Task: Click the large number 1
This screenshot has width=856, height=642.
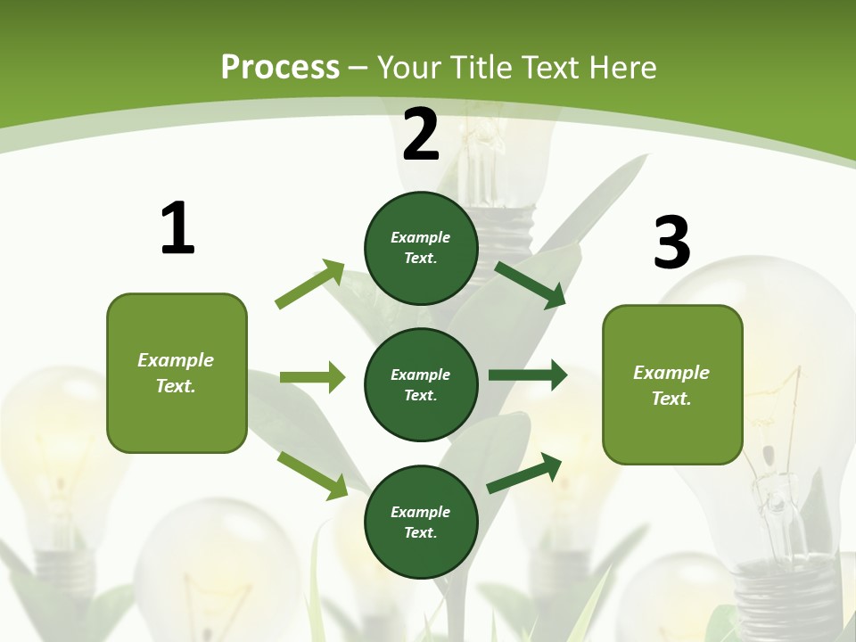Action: pyautogui.click(x=177, y=228)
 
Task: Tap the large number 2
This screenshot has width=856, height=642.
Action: pyautogui.click(x=421, y=135)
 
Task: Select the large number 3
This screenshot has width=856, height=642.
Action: pyautogui.click(x=672, y=243)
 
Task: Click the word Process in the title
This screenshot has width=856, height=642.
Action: pyautogui.click(x=280, y=67)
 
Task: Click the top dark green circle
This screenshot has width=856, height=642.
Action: pyautogui.click(x=421, y=248)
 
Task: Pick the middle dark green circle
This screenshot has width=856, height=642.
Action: pyautogui.click(x=421, y=384)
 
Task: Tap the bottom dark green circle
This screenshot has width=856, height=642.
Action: pyautogui.click(x=421, y=522)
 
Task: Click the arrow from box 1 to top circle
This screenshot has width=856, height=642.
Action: pyautogui.click(x=310, y=284)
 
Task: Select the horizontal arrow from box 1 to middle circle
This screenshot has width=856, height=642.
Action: pyautogui.click(x=312, y=377)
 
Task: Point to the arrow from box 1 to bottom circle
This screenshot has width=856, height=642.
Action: pyautogui.click(x=312, y=475)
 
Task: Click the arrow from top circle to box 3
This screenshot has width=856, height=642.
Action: pyautogui.click(x=530, y=284)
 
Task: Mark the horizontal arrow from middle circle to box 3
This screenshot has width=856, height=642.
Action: pyautogui.click(x=527, y=375)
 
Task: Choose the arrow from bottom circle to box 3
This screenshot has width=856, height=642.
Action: pyautogui.click(x=524, y=473)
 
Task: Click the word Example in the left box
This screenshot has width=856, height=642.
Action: pyautogui.click(x=176, y=360)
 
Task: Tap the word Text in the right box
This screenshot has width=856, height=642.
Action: pyautogui.click(x=671, y=399)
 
